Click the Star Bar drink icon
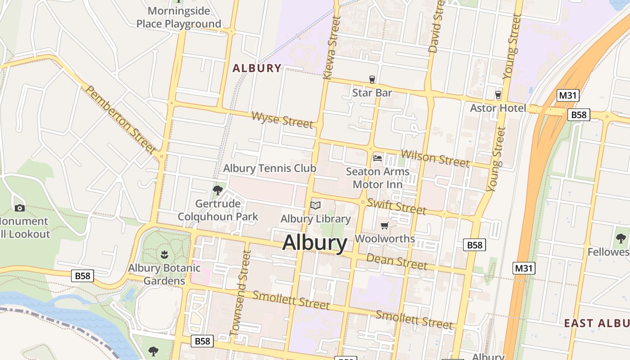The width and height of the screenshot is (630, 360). (372, 80)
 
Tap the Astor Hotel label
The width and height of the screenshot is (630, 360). (498, 108)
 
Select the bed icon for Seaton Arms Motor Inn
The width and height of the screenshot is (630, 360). (378, 158)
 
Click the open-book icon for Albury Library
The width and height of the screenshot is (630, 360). (315, 206)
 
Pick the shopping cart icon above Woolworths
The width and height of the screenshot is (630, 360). (384, 225)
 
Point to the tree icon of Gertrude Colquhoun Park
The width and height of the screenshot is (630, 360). (218, 190)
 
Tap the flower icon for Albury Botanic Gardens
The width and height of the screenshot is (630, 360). (164, 255)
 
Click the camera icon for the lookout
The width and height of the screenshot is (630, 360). (19, 207)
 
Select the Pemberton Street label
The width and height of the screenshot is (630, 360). (121, 120)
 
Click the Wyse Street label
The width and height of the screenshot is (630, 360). (282, 120)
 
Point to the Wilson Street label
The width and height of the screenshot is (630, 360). (435, 157)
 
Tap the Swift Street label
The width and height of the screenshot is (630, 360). (396, 206)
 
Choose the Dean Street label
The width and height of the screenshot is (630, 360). (396, 261)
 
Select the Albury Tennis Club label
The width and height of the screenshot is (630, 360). (270, 168)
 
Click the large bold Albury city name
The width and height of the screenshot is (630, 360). (315, 243)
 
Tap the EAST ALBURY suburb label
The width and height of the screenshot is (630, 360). (597, 323)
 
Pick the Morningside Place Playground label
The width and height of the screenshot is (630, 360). (179, 17)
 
